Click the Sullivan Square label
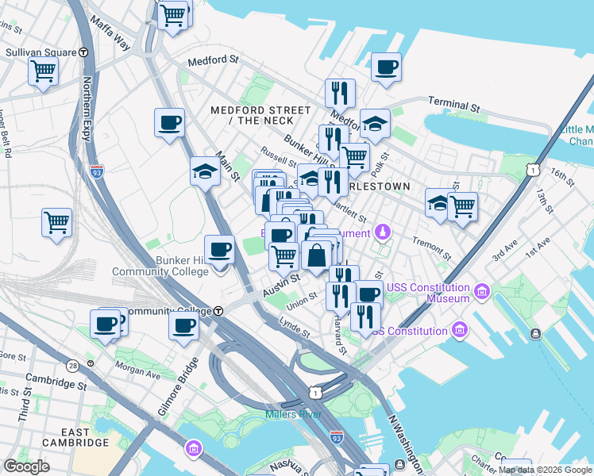point(40,52)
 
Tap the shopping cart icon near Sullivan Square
point(44,71)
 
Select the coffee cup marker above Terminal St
point(387,67)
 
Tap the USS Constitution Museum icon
point(480,293)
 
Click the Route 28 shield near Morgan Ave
point(73,365)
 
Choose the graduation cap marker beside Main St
point(205,171)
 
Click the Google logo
point(27,466)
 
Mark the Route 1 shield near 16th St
point(533,170)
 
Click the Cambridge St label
point(54,382)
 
